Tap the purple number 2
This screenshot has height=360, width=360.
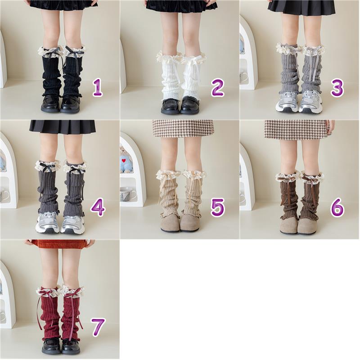(217, 87)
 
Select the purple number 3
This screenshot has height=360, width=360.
(337, 88)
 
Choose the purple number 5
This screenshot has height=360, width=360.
(217, 207)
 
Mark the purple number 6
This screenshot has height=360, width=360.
(337, 208)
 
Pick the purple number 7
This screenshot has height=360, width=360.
(98, 327)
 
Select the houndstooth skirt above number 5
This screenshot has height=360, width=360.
(183, 129)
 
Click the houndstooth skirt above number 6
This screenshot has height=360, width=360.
(296, 129)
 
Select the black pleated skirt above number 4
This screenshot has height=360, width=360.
(63, 126)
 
